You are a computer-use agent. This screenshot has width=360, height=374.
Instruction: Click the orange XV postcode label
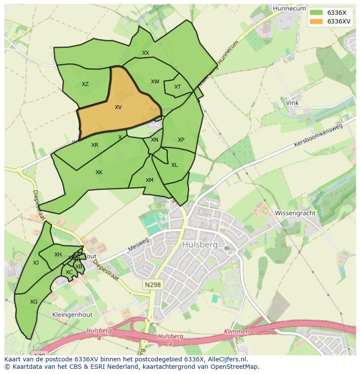tap(118, 107)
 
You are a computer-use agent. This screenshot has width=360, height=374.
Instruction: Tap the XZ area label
tap(85, 84)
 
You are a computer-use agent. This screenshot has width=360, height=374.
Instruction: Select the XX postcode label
tap(146, 53)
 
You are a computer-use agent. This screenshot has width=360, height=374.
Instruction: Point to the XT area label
tap(177, 87)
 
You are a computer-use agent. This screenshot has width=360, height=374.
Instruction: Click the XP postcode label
tap(181, 140)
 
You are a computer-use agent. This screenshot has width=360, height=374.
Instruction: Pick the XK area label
tap(99, 172)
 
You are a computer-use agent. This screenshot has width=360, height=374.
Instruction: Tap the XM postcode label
tap(150, 180)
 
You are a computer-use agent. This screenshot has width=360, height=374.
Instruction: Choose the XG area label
tap(33, 302)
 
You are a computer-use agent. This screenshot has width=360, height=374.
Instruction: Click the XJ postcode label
tap(36, 263)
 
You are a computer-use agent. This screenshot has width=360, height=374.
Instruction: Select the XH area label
tap(58, 255)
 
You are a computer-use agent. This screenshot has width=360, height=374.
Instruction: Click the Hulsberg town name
tap(200, 245)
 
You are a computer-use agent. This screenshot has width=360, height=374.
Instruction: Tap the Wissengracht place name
tap(294, 213)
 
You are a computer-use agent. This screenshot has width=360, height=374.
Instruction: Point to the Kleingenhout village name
tap(71, 314)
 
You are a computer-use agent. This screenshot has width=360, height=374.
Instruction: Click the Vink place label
tap(292, 103)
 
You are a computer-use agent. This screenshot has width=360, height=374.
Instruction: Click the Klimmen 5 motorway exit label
tap(237, 334)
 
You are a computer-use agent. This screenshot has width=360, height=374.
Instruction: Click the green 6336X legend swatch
tap(316, 13)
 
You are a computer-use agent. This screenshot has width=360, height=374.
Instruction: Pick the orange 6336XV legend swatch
tap(316, 21)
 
